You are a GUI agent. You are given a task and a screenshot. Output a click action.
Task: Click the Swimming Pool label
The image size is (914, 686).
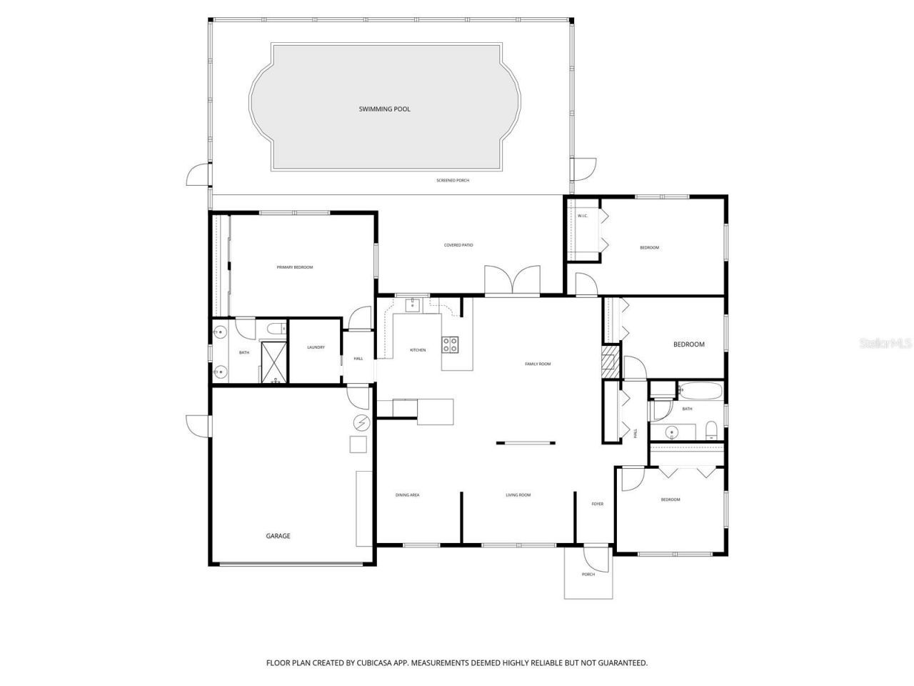(384, 109)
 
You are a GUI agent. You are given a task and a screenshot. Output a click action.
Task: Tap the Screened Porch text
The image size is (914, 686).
(453, 180)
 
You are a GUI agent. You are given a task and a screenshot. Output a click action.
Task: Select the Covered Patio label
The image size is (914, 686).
(458, 245)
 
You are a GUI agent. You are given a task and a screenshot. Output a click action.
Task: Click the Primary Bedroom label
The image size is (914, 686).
(294, 267)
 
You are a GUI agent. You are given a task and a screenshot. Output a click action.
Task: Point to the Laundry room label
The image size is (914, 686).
(316, 347)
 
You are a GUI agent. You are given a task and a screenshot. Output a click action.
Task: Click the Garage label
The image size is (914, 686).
(278, 536)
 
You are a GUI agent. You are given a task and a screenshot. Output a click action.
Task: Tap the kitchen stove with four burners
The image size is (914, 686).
(451, 344)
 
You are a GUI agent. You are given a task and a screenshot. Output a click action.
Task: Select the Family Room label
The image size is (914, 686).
(538, 364)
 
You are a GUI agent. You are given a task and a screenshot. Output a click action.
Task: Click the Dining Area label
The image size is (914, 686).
(407, 495)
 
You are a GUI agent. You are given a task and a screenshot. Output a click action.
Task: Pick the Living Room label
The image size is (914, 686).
(518, 495)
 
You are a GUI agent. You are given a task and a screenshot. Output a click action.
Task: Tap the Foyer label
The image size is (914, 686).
(597, 504)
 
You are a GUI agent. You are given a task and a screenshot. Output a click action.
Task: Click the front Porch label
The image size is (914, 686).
(588, 575)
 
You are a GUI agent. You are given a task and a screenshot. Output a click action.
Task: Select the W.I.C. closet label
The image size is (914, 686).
(582, 216)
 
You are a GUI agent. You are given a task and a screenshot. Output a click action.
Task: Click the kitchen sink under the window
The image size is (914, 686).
(412, 306)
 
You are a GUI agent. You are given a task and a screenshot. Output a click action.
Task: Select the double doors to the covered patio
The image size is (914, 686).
(512, 280)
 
